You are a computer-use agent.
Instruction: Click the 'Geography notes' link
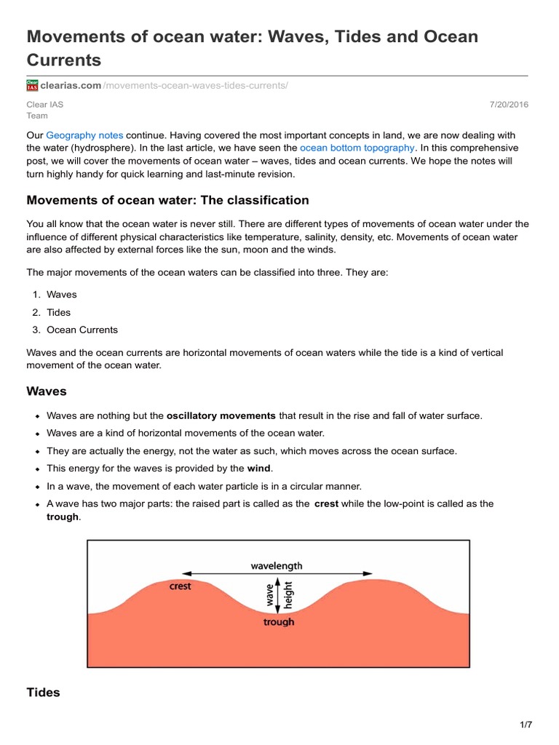(84, 135)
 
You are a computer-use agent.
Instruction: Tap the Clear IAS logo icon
(32, 86)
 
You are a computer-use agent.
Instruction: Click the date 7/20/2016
(510, 105)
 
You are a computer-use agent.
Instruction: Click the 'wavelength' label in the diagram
(277, 565)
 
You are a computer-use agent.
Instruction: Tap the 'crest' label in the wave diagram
(180, 586)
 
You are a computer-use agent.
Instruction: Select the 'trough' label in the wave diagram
(279, 622)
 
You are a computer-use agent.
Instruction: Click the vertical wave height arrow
(278, 595)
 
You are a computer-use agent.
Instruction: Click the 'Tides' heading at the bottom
(43, 693)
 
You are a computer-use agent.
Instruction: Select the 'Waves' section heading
(47, 391)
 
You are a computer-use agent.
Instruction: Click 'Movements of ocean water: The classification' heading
(167, 200)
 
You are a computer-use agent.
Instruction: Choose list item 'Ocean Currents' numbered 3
(82, 330)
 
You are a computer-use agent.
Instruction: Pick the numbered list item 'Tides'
(59, 312)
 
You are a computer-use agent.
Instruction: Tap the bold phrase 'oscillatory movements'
(221, 416)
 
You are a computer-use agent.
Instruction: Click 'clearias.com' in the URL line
(71, 86)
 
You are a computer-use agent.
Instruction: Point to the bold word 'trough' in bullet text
(62, 517)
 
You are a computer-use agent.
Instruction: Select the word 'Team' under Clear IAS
(37, 116)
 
